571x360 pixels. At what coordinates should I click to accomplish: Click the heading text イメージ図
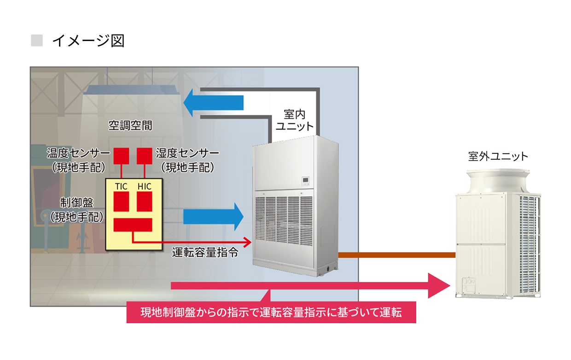pyautogui.click(x=88, y=41)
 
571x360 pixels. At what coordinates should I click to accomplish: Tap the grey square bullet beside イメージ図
pyautogui.click(x=36, y=41)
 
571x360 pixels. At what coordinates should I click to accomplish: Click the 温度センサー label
pyautogui.click(x=78, y=152)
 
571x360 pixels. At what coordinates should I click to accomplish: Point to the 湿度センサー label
pyautogui.click(x=187, y=152)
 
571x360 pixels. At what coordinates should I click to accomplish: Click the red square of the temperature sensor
pyautogui.click(x=122, y=155)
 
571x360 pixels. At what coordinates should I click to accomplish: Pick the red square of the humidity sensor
pyautogui.click(x=145, y=155)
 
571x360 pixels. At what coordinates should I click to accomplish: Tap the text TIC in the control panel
pyautogui.click(x=122, y=186)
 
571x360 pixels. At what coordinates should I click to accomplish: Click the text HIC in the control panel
pyautogui.click(x=144, y=186)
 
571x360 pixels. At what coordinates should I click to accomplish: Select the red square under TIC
pyautogui.click(x=122, y=201)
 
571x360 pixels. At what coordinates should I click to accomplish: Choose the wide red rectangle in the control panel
pyautogui.click(x=133, y=225)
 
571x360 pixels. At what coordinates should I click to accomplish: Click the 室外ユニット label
pyautogui.click(x=498, y=157)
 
